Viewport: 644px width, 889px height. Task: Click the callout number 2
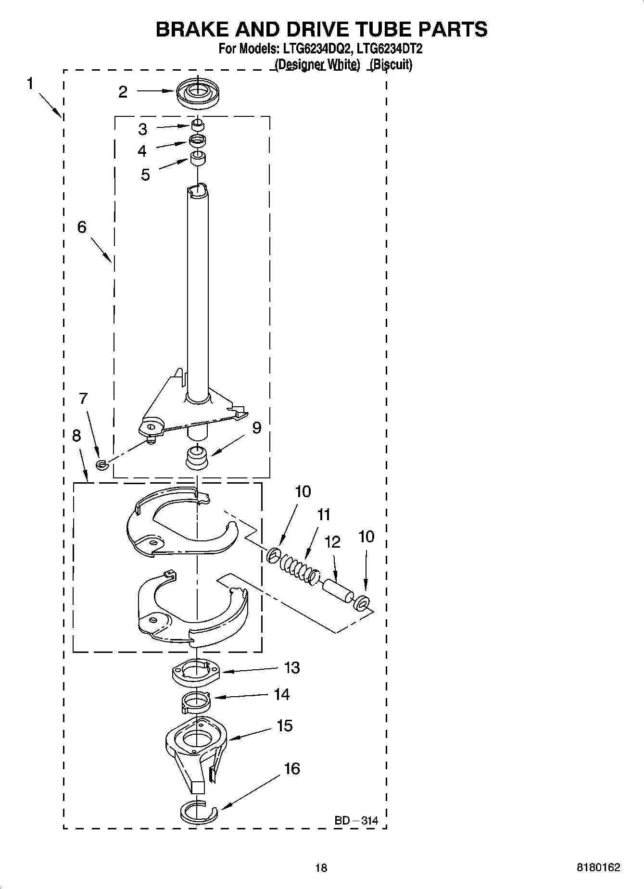click(x=123, y=92)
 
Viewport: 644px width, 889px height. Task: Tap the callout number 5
click(x=145, y=175)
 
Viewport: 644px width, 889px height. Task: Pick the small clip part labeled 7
click(x=101, y=464)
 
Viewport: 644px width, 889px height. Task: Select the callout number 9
click(x=257, y=427)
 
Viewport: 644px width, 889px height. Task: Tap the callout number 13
click(x=292, y=667)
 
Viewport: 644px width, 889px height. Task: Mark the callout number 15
click(x=285, y=726)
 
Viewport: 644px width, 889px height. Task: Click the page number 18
click(x=321, y=867)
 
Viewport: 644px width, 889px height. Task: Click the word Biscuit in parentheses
click(x=391, y=64)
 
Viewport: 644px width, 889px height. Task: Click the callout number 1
click(x=30, y=84)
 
